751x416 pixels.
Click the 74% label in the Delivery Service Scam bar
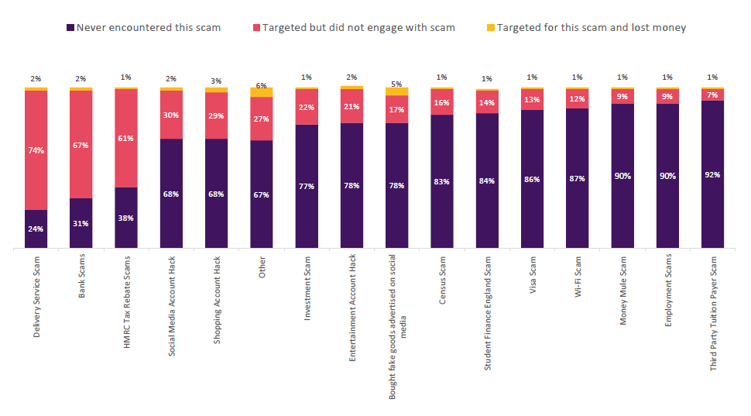click(36, 150)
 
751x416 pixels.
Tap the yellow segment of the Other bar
click(262, 92)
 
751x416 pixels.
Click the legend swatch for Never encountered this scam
click(70, 28)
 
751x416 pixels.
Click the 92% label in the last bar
click(712, 174)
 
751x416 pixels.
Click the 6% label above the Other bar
click(262, 86)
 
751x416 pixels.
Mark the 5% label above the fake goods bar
click(397, 84)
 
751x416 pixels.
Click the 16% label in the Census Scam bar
click(442, 102)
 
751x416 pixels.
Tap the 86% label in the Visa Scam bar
click(532, 179)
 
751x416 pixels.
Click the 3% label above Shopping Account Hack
click(216, 81)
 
